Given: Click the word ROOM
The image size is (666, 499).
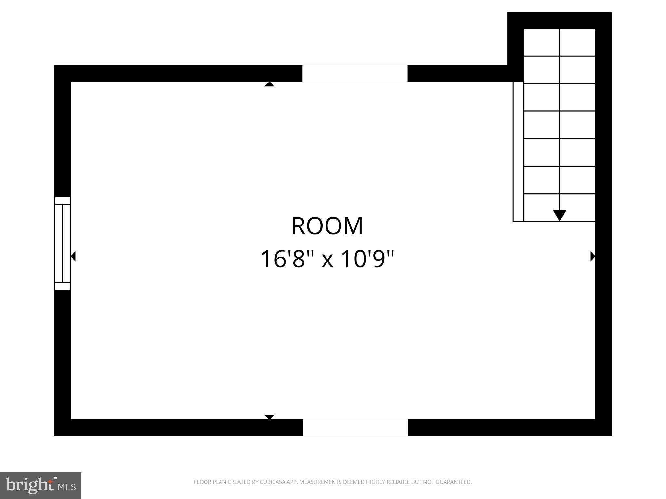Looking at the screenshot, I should [x=327, y=226].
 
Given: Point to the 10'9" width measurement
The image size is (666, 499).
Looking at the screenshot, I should [x=368, y=259].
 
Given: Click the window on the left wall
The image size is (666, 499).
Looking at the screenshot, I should [x=62, y=243].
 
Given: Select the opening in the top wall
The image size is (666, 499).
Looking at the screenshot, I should [x=355, y=73].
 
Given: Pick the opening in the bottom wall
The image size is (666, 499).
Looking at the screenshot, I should [x=355, y=428].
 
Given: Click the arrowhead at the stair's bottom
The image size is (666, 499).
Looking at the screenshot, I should [x=559, y=215].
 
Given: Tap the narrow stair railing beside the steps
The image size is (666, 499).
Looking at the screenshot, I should [x=518, y=151].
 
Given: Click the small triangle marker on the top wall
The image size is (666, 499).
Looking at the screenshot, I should [x=269, y=84].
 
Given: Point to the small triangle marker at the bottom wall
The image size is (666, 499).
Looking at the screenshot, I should [x=269, y=417].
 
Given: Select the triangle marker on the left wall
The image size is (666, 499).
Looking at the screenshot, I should [x=73, y=256].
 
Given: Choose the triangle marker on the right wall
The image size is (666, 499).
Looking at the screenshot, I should [x=593, y=256].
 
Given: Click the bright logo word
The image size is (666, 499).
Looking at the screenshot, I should [x=30, y=485].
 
